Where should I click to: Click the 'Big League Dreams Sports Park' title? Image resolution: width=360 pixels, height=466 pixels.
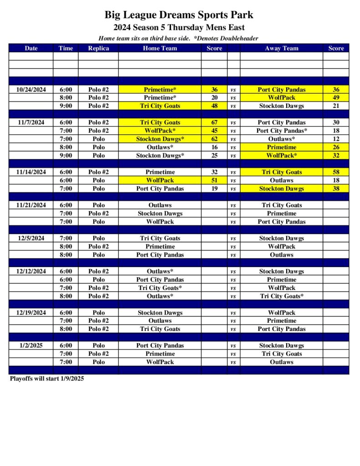click(x=179, y=15)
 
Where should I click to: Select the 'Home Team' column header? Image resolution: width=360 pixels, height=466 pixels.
click(x=160, y=48)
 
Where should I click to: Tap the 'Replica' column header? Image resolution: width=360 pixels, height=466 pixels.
click(x=98, y=48)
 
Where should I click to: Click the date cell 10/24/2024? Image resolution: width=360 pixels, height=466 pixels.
click(x=31, y=90)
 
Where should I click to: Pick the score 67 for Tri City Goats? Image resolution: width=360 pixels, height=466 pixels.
click(x=214, y=122)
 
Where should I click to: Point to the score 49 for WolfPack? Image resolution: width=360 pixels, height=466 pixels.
click(x=336, y=98)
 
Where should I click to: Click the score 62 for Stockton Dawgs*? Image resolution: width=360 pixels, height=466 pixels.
click(x=214, y=139)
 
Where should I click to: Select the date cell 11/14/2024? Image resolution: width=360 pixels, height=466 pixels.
click(x=31, y=172)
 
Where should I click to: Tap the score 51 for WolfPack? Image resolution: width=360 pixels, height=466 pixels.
click(x=214, y=181)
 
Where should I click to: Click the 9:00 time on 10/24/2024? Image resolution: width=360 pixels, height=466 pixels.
click(x=66, y=106)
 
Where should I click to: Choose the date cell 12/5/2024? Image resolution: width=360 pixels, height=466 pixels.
click(x=31, y=238)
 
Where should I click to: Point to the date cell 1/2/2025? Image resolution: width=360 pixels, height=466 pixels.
click(x=31, y=346)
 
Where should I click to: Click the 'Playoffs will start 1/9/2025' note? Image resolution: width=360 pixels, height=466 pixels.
click(x=47, y=379)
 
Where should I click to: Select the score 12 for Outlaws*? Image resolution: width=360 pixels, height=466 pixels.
click(x=336, y=139)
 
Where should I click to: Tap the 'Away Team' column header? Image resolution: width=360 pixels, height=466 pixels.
click(x=282, y=48)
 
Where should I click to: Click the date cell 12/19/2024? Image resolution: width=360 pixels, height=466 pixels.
click(x=31, y=313)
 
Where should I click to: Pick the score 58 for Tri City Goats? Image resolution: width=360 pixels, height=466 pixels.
click(x=336, y=172)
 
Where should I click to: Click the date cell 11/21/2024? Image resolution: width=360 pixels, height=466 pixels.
click(x=31, y=205)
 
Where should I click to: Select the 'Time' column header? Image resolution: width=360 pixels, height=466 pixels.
click(x=66, y=48)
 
